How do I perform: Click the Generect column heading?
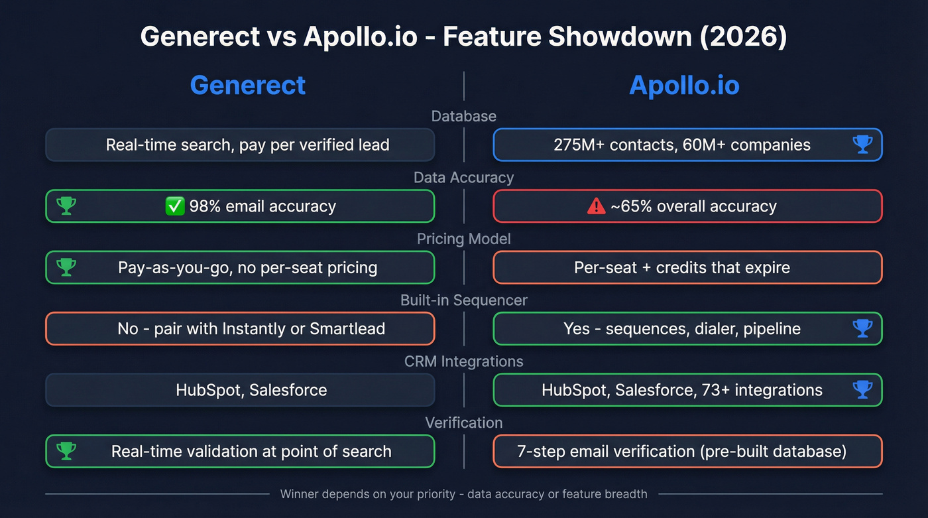(x=248, y=86)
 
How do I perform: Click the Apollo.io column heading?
(x=684, y=86)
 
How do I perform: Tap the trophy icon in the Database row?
(x=862, y=145)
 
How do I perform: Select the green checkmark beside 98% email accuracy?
(x=174, y=206)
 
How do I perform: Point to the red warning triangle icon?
(x=596, y=206)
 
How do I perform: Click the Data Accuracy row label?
(x=463, y=178)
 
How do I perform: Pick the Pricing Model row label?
(x=463, y=239)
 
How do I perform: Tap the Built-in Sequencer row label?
(x=463, y=300)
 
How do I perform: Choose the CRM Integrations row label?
(x=463, y=361)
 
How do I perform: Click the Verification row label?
(x=463, y=422)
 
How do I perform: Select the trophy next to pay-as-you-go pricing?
(x=66, y=267)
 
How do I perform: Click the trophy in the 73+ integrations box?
(x=862, y=390)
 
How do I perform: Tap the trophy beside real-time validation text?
(x=66, y=451)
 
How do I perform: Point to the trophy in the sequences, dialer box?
(x=862, y=328)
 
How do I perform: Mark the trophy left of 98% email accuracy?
(x=66, y=206)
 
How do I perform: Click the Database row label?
(x=463, y=116)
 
